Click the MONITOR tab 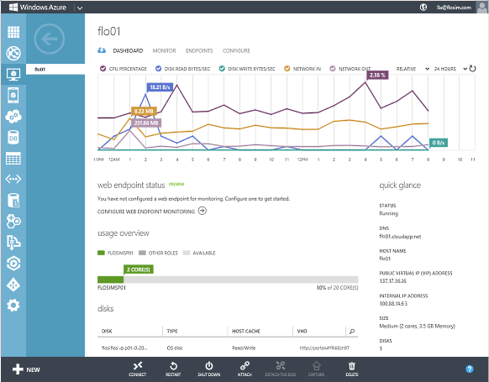[164, 50]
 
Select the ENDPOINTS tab [199, 50]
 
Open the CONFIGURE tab [236, 50]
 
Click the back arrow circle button [50, 38]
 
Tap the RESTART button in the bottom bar [172, 369]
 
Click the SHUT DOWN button [208, 369]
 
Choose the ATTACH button [244, 369]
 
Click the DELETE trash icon [352, 369]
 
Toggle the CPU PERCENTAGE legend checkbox [103, 68]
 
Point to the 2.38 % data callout [377, 75]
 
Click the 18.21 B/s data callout [160, 86]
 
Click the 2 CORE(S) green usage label [138, 269]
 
